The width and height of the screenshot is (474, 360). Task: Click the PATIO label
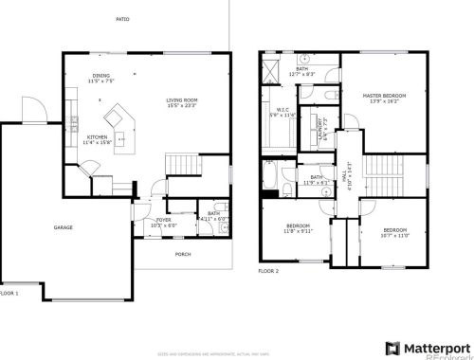tap(122, 19)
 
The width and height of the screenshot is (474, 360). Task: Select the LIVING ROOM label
tap(181, 99)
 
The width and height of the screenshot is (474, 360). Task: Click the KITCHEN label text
tap(98, 136)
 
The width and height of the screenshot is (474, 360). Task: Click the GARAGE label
tap(64, 227)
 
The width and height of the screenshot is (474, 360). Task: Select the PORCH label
tap(182, 254)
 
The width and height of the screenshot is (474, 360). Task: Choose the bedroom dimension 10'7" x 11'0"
tap(395, 235)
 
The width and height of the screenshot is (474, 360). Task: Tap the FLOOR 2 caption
tap(269, 271)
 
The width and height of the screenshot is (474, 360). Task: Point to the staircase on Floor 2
tap(375, 176)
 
